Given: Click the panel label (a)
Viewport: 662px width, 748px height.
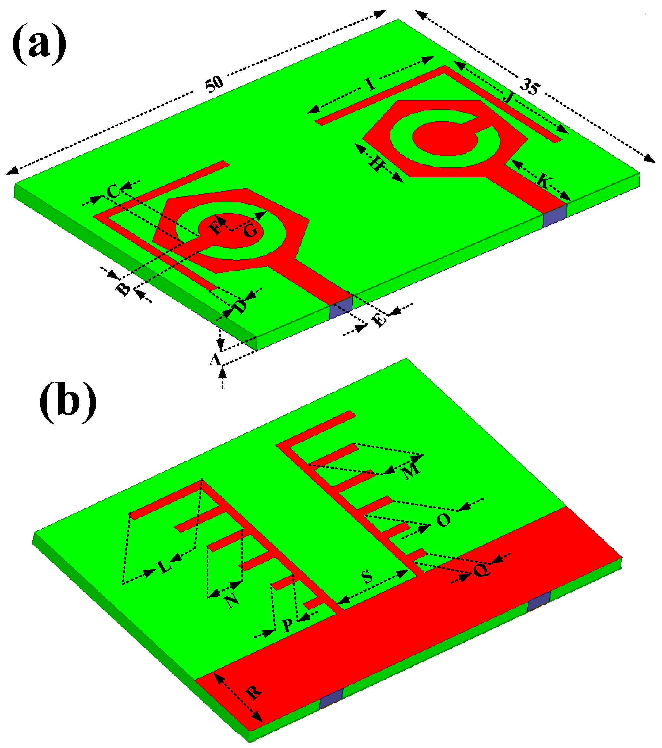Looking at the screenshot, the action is click(40, 44).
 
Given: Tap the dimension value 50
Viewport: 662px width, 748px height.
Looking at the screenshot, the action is click(214, 84).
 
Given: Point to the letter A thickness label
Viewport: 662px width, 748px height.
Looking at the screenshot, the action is click(215, 359).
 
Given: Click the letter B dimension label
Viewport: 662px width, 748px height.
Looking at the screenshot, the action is click(123, 289).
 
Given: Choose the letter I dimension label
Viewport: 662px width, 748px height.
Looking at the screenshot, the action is click(371, 85).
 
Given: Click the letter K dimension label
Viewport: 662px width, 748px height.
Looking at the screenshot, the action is click(543, 181).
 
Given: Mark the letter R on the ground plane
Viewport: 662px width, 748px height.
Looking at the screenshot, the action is click(253, 692).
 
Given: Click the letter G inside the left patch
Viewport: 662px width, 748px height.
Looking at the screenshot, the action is click(250, 231).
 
